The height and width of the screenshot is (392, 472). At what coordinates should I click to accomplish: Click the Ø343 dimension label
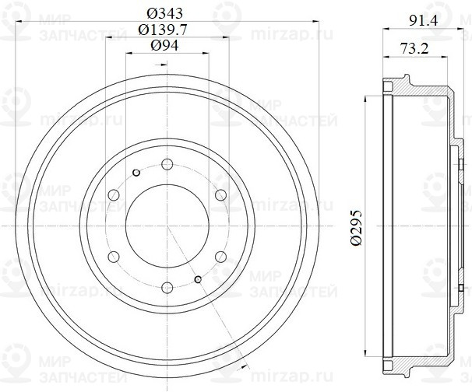click(167, 12)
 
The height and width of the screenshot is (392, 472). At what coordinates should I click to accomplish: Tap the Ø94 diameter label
click(167, 46)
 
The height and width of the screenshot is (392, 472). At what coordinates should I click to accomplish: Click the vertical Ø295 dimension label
click(356, 226)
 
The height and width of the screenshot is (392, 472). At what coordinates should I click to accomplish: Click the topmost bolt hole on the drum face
click(167, 164)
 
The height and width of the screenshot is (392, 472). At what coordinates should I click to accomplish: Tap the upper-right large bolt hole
click(220, 194)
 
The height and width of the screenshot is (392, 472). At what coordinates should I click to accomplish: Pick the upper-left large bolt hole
click(114, 194)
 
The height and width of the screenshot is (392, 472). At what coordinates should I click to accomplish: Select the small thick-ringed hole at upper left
click(136, 172)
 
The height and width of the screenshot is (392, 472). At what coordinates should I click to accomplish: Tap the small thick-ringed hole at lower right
click(198, 278)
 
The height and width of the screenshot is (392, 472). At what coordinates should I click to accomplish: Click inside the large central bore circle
click(167, 225)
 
